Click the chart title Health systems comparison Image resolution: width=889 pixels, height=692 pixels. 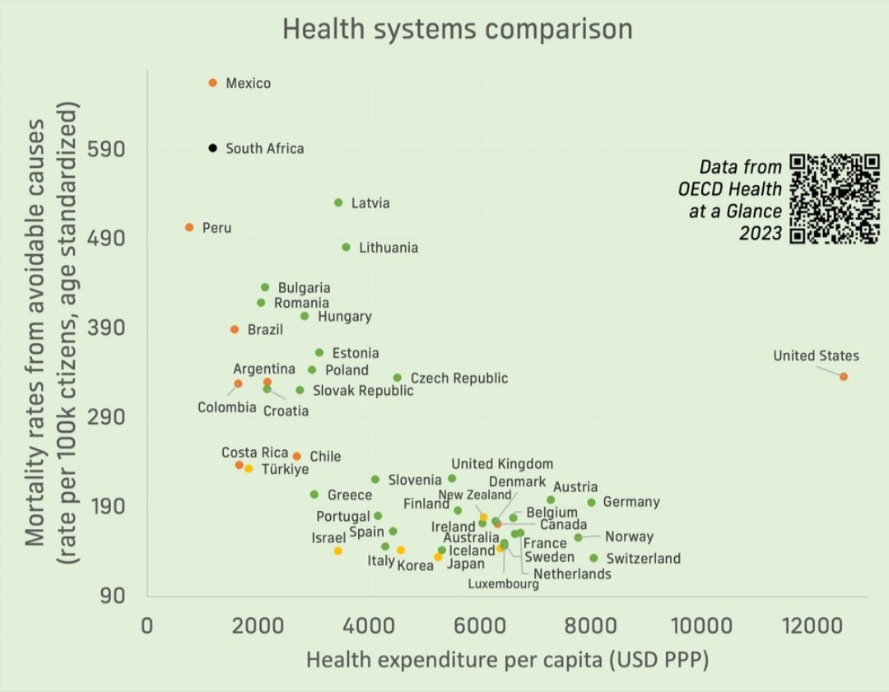coord(458,29)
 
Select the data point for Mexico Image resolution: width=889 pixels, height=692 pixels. coord(212,83)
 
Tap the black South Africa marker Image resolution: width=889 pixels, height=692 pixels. coord(212,148)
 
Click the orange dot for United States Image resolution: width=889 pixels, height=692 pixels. coord(844,376)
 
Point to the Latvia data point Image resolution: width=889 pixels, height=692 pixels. coord(338,202)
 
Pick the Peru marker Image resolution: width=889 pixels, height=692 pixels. coord(189,227)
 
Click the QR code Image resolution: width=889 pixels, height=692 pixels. coord(834,199)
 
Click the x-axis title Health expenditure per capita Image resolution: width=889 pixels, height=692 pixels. coord(507,660)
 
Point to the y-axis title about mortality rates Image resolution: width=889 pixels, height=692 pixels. coord(51,333)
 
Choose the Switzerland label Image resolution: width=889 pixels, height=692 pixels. coord(643,559)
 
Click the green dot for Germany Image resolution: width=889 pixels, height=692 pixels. coord(591,502)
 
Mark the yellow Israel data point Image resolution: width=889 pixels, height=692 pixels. coord(338,550)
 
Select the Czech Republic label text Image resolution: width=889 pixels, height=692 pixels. coord(458,379)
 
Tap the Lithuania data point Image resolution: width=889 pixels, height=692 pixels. coord(346,247)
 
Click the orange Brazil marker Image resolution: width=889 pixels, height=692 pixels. coord(235,329)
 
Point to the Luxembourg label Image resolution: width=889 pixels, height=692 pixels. coord(504,584)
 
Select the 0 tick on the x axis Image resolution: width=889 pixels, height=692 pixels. coord(147,626)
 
